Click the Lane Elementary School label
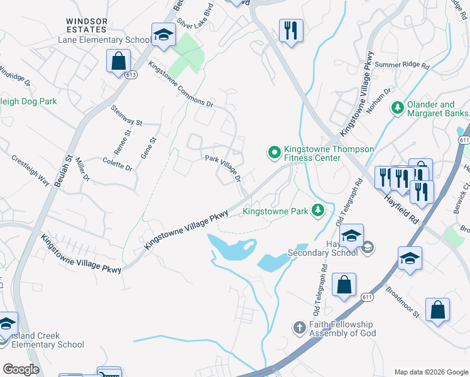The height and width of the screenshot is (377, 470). tap(101, 40)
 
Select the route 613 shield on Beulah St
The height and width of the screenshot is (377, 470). tap(130, 75)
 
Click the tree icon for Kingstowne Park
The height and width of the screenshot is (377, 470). tap(319, 210)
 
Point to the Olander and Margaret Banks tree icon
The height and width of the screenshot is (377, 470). tap(397, 108)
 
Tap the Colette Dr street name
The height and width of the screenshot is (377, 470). tap(117, 165)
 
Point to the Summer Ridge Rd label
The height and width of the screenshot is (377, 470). tap(402, 65)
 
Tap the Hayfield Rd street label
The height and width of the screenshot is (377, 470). tap(402, 207)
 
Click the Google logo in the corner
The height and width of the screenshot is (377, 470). tap(21, 369)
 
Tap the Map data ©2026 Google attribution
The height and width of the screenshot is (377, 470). tap(430, 371)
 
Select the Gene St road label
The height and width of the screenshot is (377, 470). tap(148, 148)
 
